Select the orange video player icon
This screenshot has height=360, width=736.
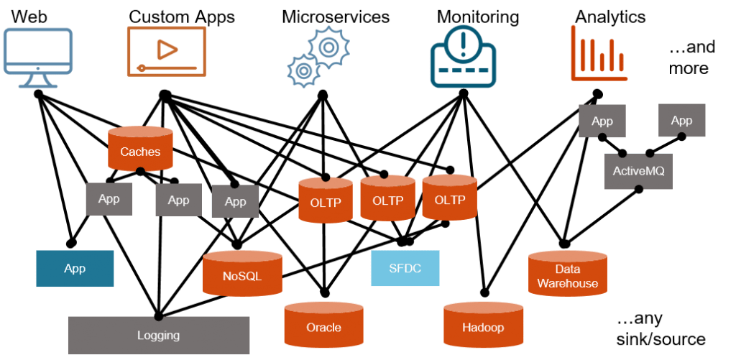click(x=166, y=50)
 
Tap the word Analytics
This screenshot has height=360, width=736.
click(x=610, y=15)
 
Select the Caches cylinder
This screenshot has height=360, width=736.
click(x=140, y=149)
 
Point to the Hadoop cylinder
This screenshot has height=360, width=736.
click(x=482, y=325)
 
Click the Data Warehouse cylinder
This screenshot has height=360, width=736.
click(x=567, y=274)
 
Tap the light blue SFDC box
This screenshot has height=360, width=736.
click(x=405, y=268)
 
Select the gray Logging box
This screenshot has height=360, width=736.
click(x=158, y=335)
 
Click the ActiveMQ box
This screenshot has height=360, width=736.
click(x=638, y=172)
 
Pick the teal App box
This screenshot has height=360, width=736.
click(x=75, y=269)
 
